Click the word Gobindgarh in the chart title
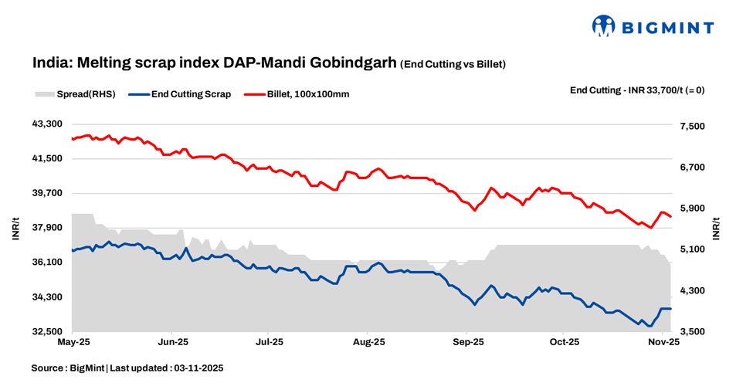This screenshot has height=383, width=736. click(x=354, y=63)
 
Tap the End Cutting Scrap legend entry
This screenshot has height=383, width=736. click(x=190, y=94)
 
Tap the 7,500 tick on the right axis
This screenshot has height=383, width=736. click(x=692, y=126)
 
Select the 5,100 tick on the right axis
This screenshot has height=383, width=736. click(x=692, y=249)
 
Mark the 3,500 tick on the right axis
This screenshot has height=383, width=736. click(x=692, y=332)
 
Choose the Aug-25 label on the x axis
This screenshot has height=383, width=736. click(x=368, y=341)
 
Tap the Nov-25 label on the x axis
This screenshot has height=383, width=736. click(x=663, y=341)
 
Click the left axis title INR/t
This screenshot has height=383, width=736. click(x=16, y=228)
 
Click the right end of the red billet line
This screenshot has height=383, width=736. click(x=671, y=216)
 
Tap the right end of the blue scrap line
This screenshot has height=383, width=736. click(x=671, y=309)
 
